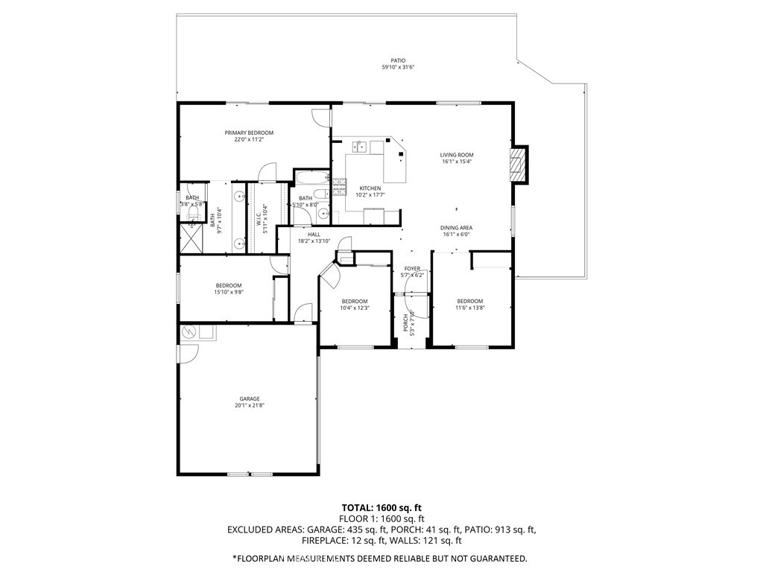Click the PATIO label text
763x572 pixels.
coord(398,61)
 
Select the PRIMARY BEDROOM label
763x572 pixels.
coord(249,133)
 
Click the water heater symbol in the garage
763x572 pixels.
coord(188,331)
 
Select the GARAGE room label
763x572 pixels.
coord(249,398)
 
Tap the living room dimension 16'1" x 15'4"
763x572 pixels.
coord(457,162)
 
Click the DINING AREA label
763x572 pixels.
coord(457,228)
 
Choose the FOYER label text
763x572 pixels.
coord(412,268)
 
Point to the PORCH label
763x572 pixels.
coord(407,322)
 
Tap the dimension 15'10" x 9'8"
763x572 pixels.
coord(229,292)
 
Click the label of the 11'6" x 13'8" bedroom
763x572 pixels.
coord(470,301)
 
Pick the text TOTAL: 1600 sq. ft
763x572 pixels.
coord(381,507)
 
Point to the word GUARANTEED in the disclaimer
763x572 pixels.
coord(494,558)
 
